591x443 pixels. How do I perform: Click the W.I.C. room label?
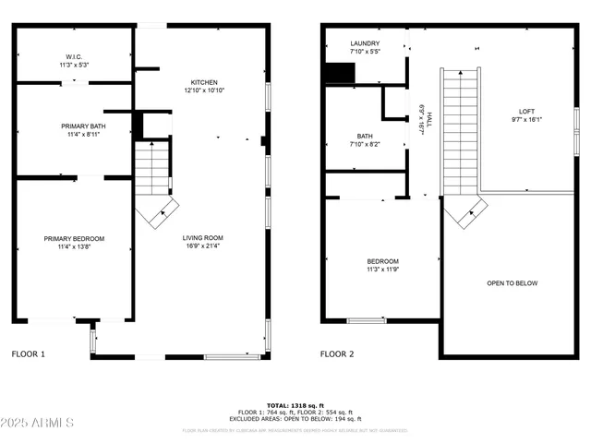point(74,55)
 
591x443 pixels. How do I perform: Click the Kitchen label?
point(203,82)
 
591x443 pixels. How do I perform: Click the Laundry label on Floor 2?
point(364,44)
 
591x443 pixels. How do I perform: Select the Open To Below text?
point(512,283)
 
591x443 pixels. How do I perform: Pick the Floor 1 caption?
point(28,353)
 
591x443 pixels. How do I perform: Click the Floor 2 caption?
point(337,353)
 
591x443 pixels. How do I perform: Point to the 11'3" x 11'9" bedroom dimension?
point(382,270)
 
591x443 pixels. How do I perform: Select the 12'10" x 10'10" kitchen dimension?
point(203,90)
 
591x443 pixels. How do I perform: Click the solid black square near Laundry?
point(334,73)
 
